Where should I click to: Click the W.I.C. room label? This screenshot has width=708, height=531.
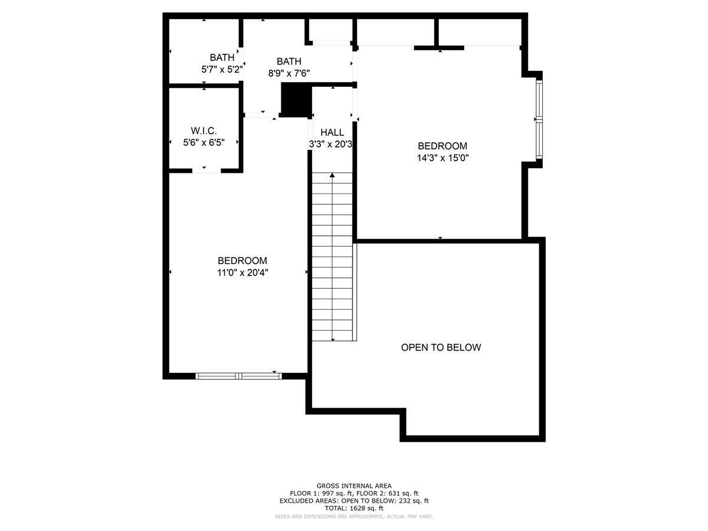tap(204, 130)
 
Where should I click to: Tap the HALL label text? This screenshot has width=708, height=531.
tap(332, 132)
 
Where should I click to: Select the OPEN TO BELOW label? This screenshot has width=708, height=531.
tap(441, 348)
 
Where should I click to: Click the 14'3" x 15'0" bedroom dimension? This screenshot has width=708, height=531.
tap(442, 158)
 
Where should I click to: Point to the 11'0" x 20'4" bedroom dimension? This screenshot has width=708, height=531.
tap(242, 273)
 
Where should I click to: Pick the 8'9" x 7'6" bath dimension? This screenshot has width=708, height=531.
tap(289, 74)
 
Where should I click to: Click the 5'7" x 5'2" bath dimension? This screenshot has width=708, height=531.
tap(222, 69)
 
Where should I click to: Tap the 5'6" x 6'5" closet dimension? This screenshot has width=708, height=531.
tap(204, 142)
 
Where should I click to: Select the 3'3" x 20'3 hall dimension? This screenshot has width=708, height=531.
tap(330, 144)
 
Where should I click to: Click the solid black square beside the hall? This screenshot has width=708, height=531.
tap(296, 100)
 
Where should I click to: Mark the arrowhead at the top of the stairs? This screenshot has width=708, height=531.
tap(332, 175)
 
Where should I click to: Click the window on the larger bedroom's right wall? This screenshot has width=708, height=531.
tap(539, 119)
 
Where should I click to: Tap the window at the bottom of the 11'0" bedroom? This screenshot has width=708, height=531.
tap(239, 376)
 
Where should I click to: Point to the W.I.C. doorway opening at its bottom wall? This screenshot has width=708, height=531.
tap(206, 171)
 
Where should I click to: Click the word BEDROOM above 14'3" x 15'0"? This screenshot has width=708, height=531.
tap(442, 146)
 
